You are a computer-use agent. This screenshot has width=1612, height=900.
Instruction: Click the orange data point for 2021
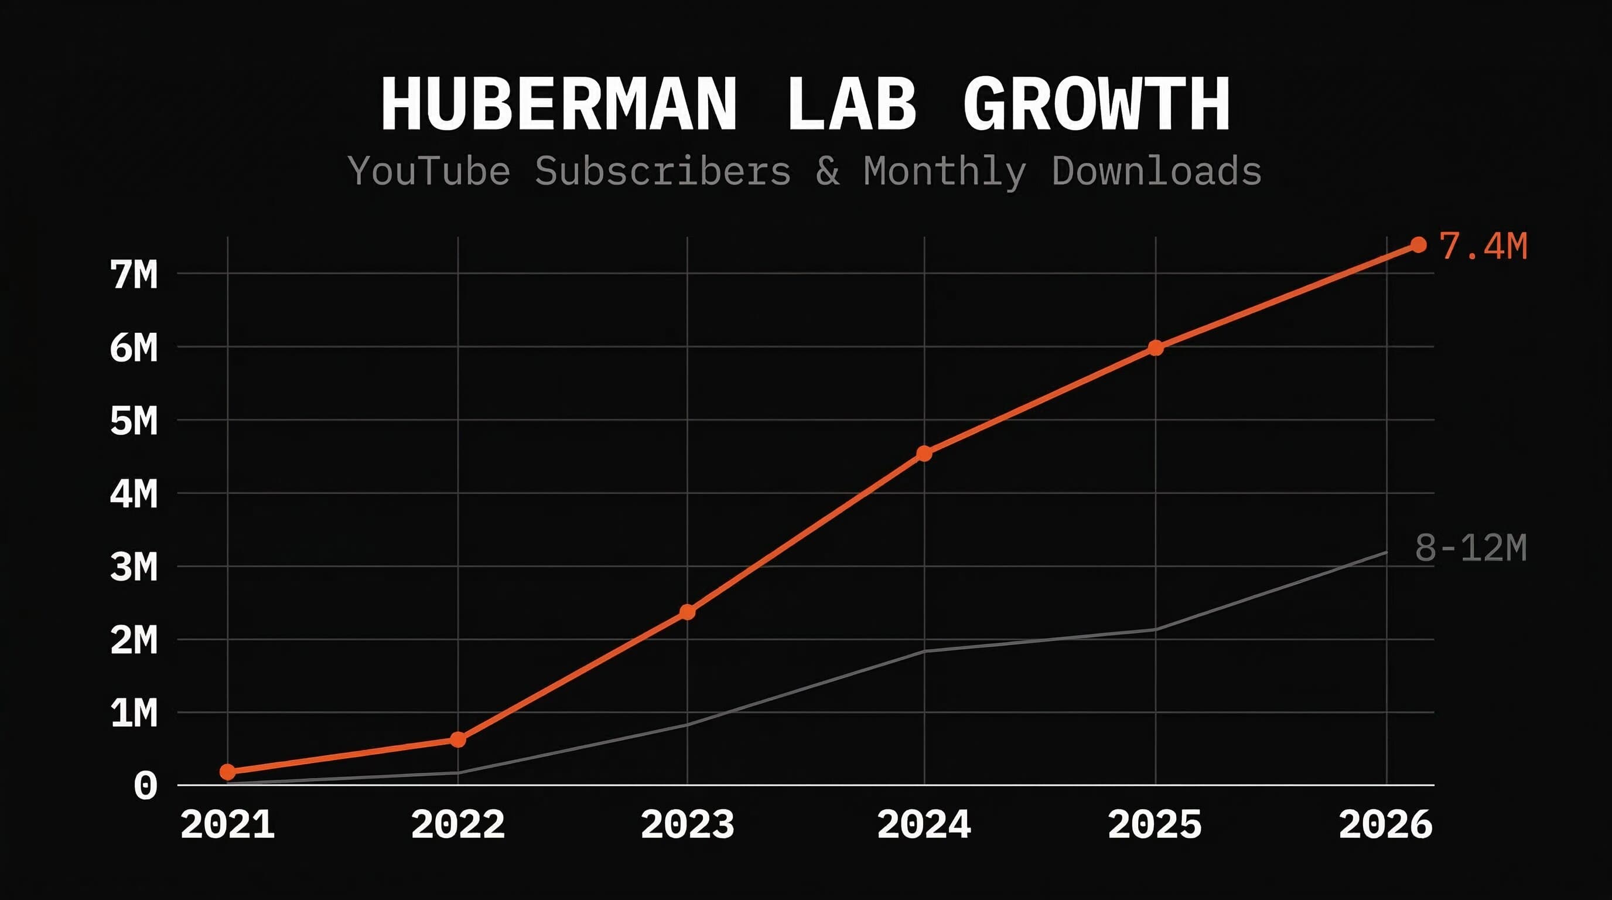pyautogui.click(x=228, y=772)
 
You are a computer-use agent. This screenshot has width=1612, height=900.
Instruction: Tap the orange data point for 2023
pyautogui.click(x=687, y=612)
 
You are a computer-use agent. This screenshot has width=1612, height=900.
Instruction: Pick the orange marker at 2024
pyautogui.click(x=924, y=453)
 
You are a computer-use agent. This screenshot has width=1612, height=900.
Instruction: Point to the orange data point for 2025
pyautogui.click(x=1156, y=348)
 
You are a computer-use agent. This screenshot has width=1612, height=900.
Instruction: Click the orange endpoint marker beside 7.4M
pyautogui.click(x=1419, y=245)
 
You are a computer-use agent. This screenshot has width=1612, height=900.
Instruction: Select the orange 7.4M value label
pyautogui.click(x=1483, y=246)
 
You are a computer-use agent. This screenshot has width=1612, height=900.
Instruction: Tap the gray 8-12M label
pyautogui.click(x=1471, y=548)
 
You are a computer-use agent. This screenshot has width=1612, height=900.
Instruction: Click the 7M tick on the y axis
pyautogui.click(x=134, y=275)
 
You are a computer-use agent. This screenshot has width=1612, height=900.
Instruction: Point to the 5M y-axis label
pyautogui.click(x=134, y=421)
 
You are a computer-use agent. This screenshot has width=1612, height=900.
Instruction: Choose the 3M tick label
pyautogui.click(x=134, y=568)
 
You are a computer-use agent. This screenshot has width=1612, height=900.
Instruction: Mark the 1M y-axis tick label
pyautogui.click(x=134, y=714)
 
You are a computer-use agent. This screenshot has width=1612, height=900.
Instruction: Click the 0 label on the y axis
pyautogui.click(x=145, y=786)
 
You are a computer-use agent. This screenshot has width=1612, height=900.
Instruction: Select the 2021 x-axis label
pyautogui.click(x=228, y=824)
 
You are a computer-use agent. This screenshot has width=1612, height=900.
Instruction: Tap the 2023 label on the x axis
pyautogui.click(x=687, y=824)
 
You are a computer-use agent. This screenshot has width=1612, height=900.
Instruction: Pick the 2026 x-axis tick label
pyautogui.click(x=1385, y=824)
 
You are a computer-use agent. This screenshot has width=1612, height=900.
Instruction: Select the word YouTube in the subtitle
pyautogui.click(x=429, y=171)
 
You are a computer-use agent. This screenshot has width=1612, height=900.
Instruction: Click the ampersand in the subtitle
pyautogui.click(x=827, y=171)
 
